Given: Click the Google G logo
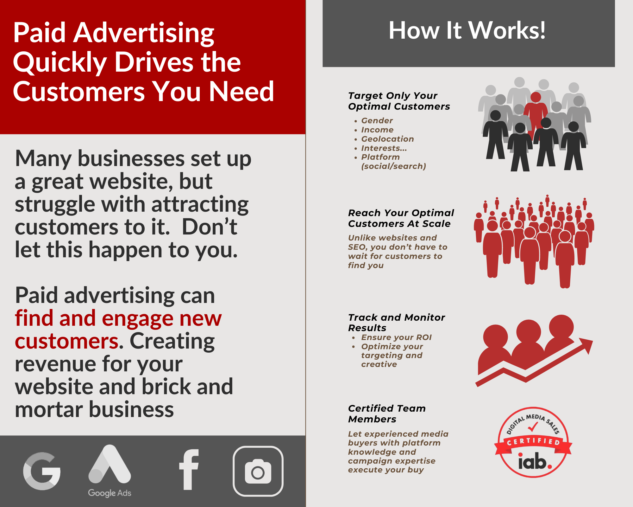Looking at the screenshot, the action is (42, 471).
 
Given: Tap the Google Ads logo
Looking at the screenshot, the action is (110, 471).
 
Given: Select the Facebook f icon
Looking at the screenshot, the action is (189, 470).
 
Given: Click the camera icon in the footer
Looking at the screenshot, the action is (258, 471).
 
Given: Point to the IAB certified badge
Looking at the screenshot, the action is (533, 442).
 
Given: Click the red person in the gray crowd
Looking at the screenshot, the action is (536, 114).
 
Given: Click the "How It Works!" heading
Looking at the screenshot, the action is (467, 30).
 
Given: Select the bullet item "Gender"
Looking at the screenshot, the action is (377, 121).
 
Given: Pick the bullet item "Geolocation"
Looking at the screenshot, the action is (388, 139).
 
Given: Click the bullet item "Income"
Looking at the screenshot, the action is (377, 130).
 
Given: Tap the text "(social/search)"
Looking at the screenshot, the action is (394, 166).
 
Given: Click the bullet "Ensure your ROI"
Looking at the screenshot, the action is (396, 337).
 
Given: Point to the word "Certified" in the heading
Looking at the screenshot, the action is (369, 408).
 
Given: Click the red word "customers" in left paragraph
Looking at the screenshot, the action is (67, 341).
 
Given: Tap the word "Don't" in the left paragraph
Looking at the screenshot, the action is (210, 227).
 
